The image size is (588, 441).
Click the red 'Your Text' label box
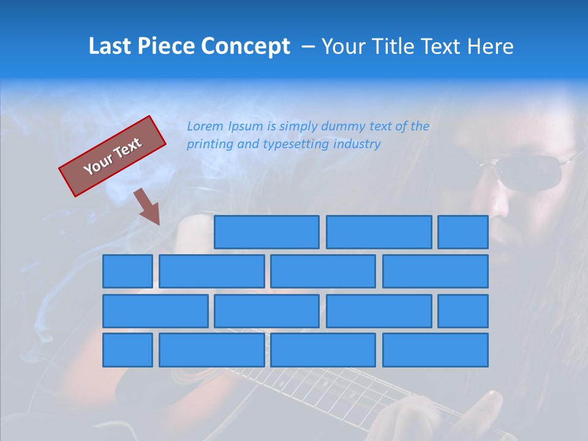pyautogui.click(x=112, y=156)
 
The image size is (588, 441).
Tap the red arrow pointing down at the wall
pyautogui.click(x=148, y=207)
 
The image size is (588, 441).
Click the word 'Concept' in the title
pyautogui.click(x=246, y=47)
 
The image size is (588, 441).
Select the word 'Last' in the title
pyautogui.click(x=110, y=47)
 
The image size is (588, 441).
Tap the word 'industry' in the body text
pyautogui.click(x=357, y=145)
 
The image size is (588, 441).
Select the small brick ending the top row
pyautogui.click(x=463, y=232)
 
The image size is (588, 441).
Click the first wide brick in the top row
pyautogui.click(x=266, y=232)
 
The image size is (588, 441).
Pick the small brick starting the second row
pyautogui.click(x=127, y=271)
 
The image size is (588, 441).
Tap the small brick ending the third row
pyautogui.click(x=463, y=311)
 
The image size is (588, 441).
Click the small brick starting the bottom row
pyautogui.click(x=127, y=350)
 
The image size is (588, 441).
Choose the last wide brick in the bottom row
pyautogui.click(x=435, y=350)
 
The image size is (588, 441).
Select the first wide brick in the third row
pyautogui.click(x=156, y=311)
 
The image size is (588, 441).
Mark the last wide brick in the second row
pyautogui.click(x=435, y=271)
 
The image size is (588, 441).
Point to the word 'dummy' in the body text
pyautogui.click(x=344, y=127)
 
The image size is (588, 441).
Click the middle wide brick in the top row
pyautogui.click(x=379, y=232)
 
